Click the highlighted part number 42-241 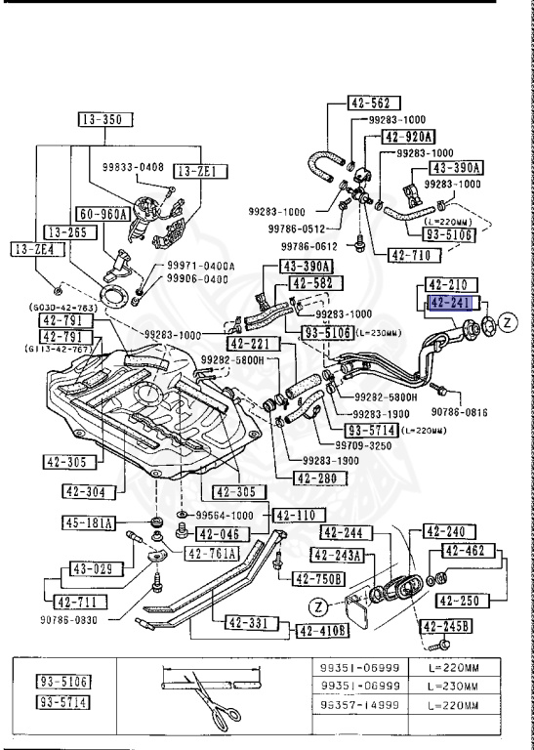(450, 304)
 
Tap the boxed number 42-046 (220, 533)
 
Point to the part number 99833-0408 (133, 168)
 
